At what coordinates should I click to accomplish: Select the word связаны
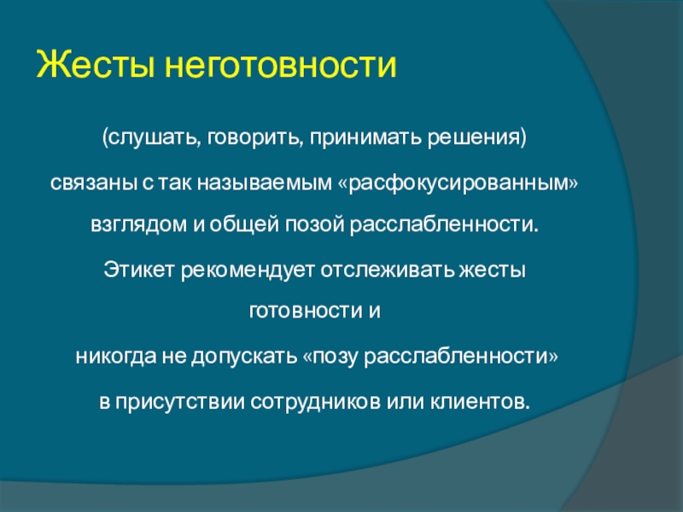[x=93, y=183]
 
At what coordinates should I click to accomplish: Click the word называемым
[x=265, y=183]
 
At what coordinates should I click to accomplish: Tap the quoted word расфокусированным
[x=458, y=183]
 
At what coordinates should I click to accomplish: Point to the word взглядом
[x=138, y=225]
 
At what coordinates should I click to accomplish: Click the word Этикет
[x=139, y=271]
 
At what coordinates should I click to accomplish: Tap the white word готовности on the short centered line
[x=306, y=311]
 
